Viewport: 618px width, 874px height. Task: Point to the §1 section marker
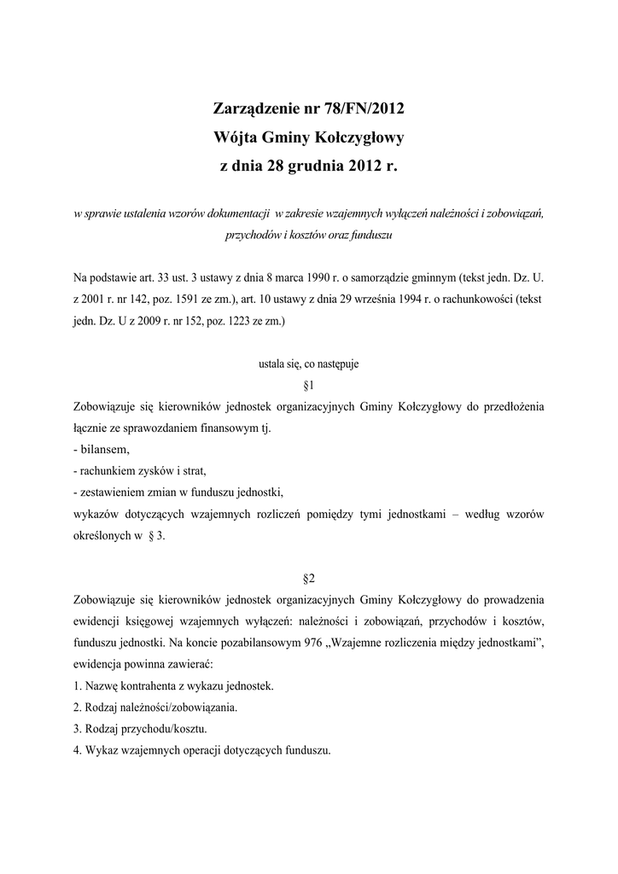click(309, 385)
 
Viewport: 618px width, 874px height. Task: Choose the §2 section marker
click(309, 577)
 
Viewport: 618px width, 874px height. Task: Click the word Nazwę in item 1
click(105, 685)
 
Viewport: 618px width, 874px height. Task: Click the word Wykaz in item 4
click(103, 750)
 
